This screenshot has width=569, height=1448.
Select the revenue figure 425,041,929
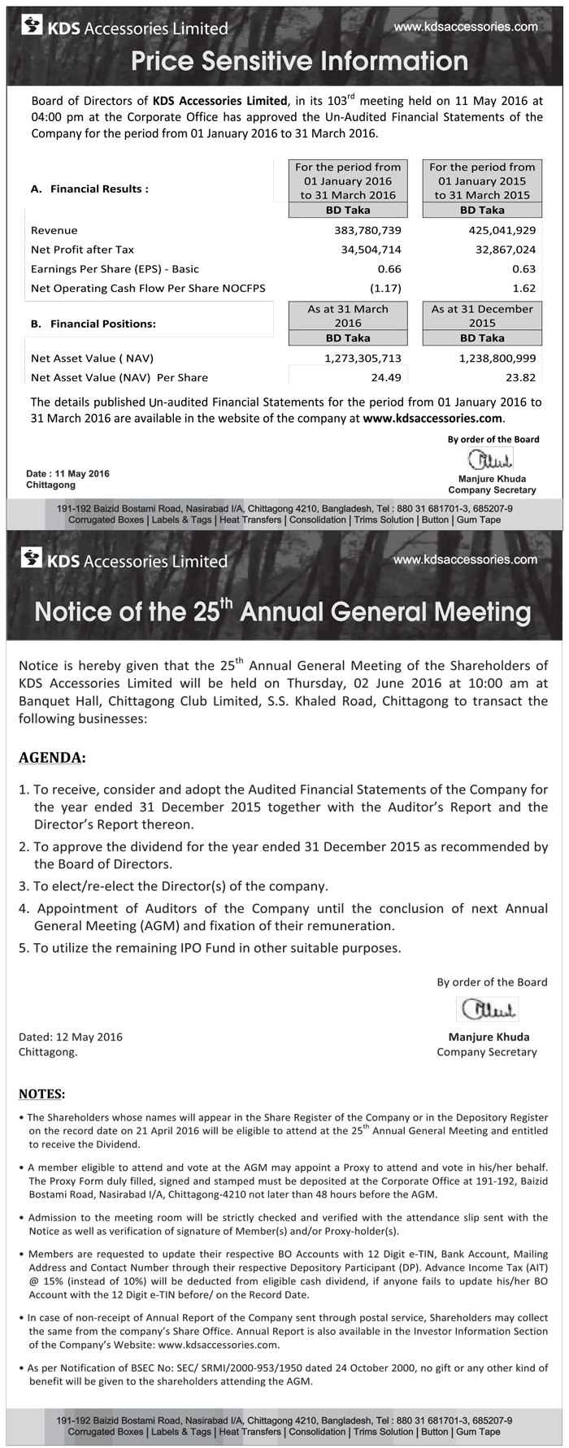point(502,230)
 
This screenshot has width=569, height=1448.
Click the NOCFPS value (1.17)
point(385,288)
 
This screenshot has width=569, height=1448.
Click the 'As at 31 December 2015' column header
point(482,315)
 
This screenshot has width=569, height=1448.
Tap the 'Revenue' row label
point(54,230)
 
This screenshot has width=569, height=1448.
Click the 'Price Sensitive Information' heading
point(299,61)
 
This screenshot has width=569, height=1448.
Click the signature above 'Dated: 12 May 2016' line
point(488,1009)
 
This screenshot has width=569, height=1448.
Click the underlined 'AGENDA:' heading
point(52,758)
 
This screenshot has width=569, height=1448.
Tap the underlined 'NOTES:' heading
point(41,1094)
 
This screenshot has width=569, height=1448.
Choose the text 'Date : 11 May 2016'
point(67,473)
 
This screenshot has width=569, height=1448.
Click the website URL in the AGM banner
point(465,559)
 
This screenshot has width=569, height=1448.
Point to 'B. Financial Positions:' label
point(93,324)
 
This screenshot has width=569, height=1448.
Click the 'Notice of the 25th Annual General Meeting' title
point(283,611)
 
